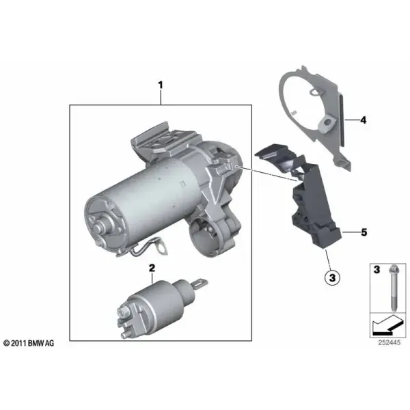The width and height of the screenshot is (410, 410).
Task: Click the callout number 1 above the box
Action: click(161, 85)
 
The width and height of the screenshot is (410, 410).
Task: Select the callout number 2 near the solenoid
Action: click(152, 268)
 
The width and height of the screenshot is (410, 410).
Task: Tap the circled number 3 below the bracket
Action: click(332, 277)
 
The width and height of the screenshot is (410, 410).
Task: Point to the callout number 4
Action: click(364, 120)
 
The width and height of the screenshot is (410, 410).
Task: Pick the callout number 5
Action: click(364, 232)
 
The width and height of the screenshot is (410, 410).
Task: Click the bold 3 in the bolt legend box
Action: click(377, 270)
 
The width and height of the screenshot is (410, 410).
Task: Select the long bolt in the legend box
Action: click(394, 288)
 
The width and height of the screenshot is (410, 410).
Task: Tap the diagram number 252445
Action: click(389, 342)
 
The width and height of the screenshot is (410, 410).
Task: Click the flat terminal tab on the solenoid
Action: click(200, 283)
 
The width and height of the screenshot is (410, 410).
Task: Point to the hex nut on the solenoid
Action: click(122, 312)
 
